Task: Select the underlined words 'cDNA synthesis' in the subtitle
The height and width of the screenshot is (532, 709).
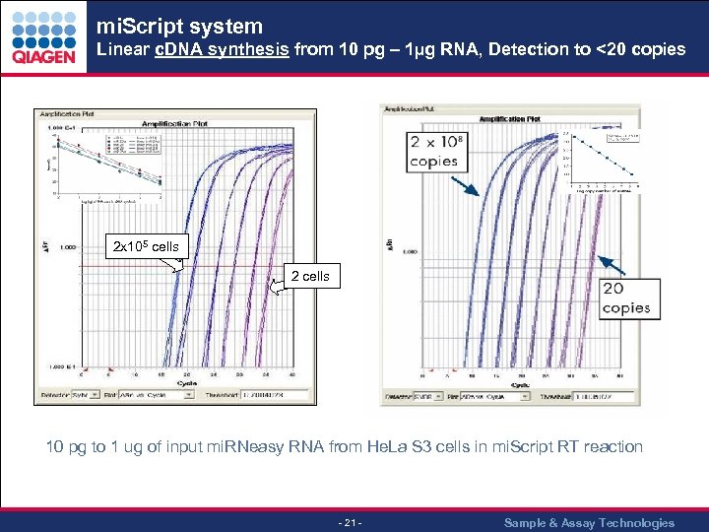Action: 222,49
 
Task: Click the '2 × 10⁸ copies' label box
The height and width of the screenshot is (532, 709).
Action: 433,151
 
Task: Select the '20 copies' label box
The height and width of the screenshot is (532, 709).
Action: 626,298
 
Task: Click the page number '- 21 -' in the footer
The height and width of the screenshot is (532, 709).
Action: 351,522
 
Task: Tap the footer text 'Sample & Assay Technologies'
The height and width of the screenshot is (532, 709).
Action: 589,522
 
